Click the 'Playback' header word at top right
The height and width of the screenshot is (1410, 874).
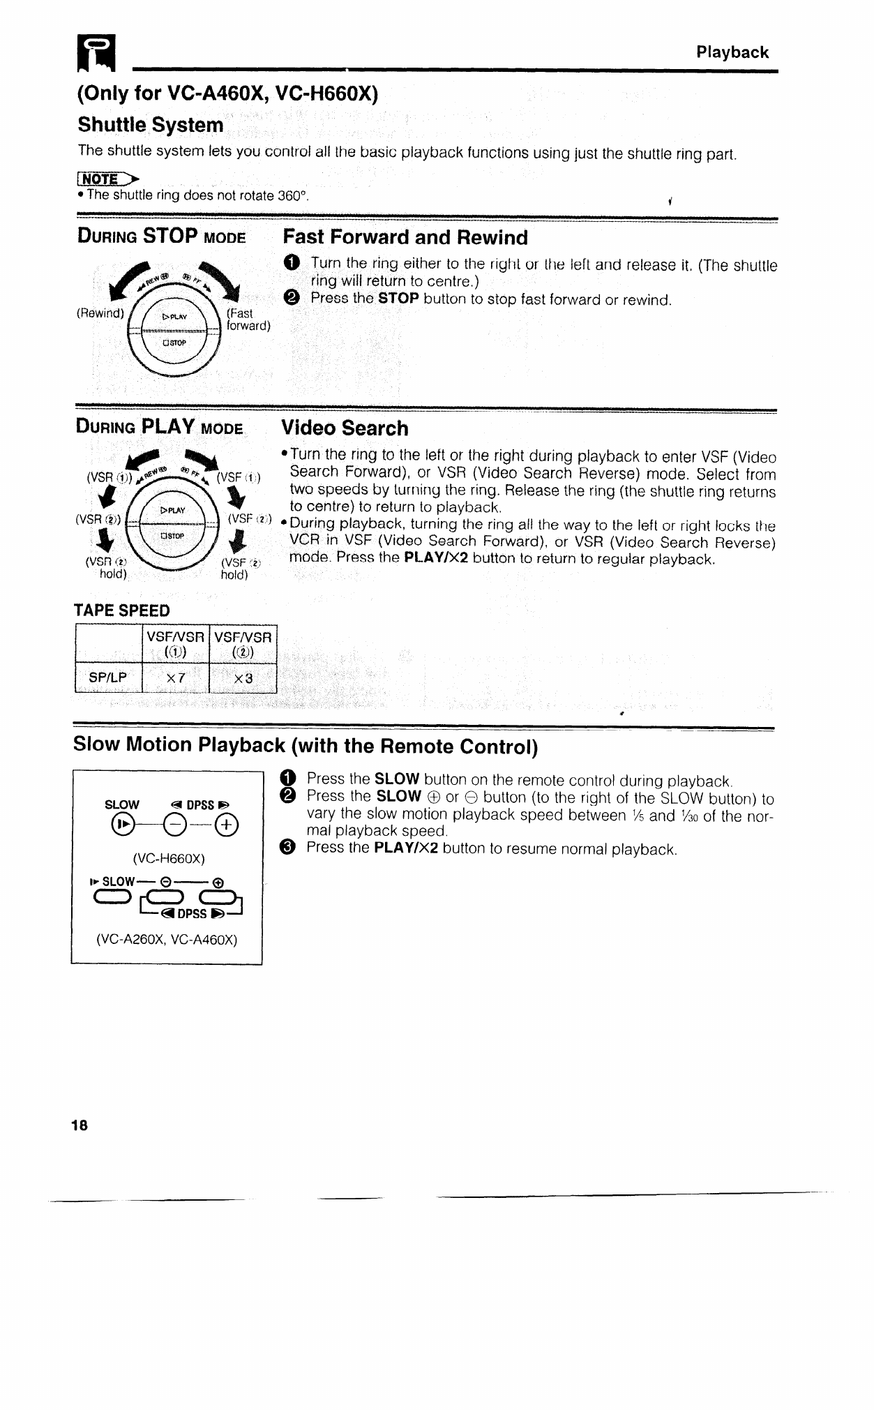(732, 52)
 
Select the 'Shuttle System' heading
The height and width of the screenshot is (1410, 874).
(151, 125)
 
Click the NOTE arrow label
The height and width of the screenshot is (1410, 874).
(107, 179)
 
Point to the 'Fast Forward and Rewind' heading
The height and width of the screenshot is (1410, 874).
(405, 237)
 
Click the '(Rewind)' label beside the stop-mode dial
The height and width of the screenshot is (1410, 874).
(100, 313)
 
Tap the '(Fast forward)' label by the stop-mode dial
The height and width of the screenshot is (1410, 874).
(248, 320)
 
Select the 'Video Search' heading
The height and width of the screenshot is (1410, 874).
(345, 428)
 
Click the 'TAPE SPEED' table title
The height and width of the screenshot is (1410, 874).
(122, 610)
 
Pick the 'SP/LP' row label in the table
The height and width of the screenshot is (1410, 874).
(107, 678)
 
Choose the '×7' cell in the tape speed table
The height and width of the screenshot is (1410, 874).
(175, 678)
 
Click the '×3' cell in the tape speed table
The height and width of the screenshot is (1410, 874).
(243, 678)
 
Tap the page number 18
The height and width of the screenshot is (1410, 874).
(80, 1125)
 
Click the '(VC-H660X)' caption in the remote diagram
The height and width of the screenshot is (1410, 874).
(168, 858)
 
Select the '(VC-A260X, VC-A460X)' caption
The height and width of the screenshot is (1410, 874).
(167, 940)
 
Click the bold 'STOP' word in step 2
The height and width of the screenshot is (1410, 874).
(398, 299)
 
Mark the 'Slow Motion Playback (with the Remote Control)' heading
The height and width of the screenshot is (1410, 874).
(306, 745)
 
